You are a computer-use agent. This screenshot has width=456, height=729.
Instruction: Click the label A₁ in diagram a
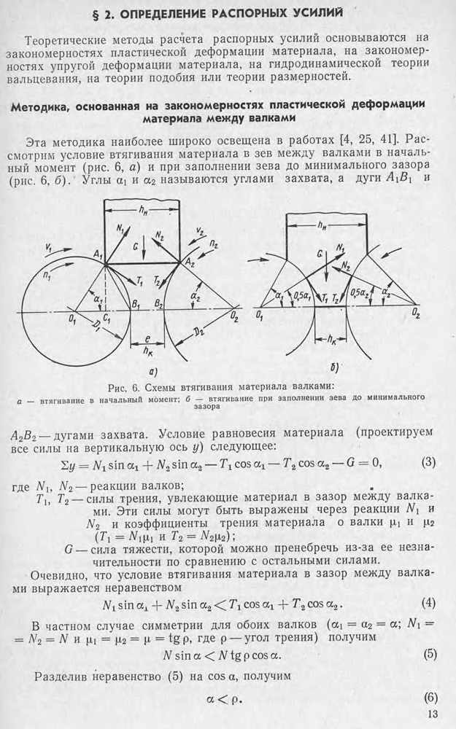(97, 254)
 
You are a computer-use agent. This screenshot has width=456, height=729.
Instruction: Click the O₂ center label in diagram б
(416, 315)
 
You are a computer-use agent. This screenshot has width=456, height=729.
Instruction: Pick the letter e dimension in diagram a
(147, 340)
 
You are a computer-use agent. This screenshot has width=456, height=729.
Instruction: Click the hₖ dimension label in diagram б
(332, 340)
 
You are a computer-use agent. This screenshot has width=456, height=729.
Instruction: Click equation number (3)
(428, 463)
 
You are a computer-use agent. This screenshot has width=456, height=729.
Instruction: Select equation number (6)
(430, 698)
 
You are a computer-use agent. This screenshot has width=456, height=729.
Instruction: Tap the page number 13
(432, 714)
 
